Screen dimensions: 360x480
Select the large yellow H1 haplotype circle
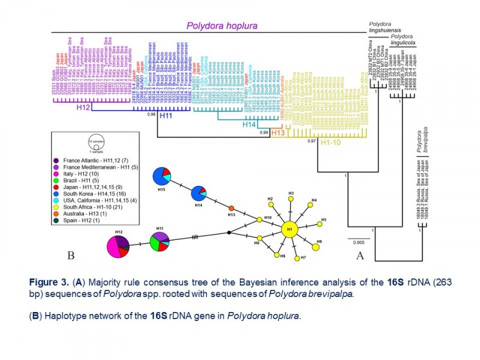click(x=290, y=230)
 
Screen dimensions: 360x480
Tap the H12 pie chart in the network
click(x=117, y=247)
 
